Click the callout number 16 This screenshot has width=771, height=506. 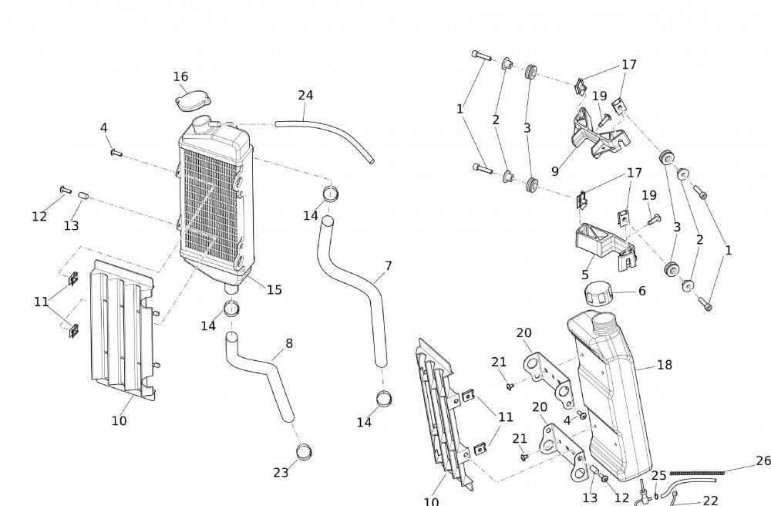point(180,76)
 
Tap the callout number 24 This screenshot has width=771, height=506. point(305,96)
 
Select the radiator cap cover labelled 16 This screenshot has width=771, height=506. point(189,103)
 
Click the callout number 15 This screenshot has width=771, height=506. point(274,290)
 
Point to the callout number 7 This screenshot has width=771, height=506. point(389,266)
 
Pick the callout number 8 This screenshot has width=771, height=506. point(289,343)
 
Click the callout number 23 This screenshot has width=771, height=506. point(281,472)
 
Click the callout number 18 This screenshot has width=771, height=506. point(665,364)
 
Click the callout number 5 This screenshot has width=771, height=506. point(585,275)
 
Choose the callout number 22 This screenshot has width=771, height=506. point(710,501)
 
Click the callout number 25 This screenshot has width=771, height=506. point(658,476)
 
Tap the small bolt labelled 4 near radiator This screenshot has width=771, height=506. point(116,153)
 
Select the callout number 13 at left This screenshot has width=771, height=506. point(71,225)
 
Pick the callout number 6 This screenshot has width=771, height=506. point(641,291)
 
